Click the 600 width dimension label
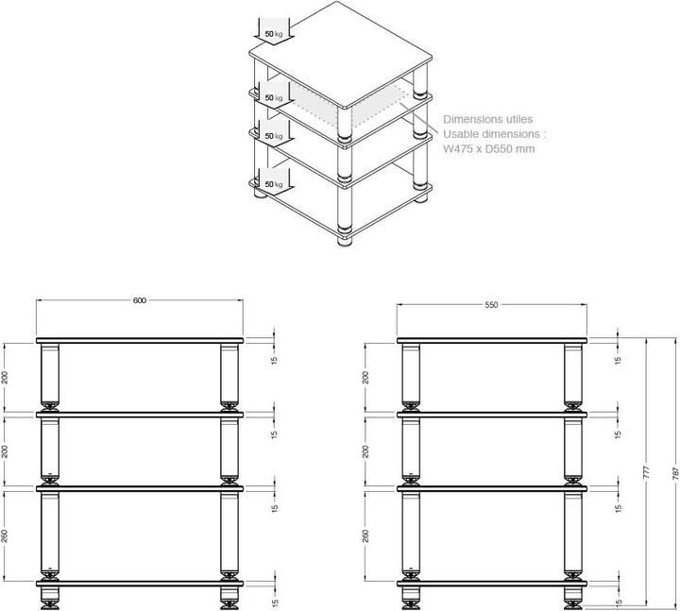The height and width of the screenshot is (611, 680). (x=140, y=300)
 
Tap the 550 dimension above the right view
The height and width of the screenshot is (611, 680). (x=491, y=305)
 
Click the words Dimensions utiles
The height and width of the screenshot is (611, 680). (x=488, y=120)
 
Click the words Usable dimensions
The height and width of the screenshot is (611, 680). (x=496, y=134)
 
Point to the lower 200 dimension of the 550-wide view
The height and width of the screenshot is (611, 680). (x=367, y=450)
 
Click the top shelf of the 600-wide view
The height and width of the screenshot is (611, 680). (x=140, y=339)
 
